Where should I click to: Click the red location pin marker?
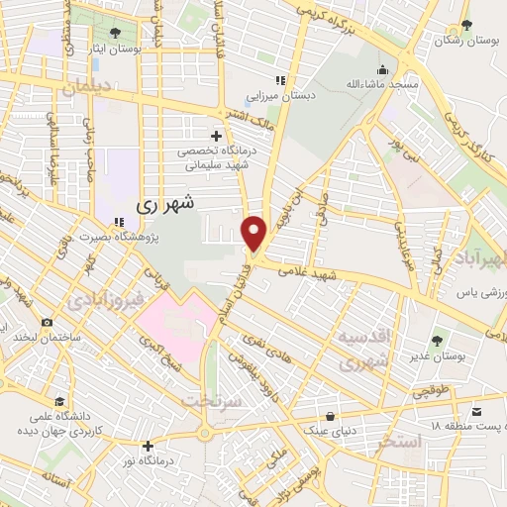[254, 233]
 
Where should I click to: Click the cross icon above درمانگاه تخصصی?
[216, 136]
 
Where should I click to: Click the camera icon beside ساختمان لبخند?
[47, 322]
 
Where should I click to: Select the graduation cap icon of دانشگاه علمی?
[61, 402]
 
